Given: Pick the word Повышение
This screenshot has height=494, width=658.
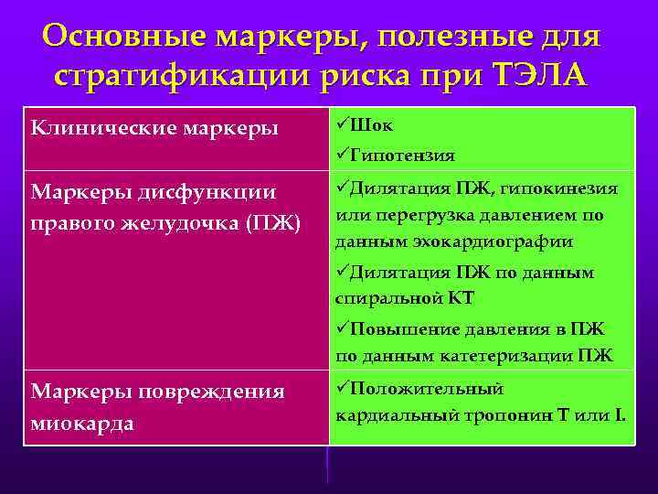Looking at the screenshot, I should [x=399, y=329].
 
